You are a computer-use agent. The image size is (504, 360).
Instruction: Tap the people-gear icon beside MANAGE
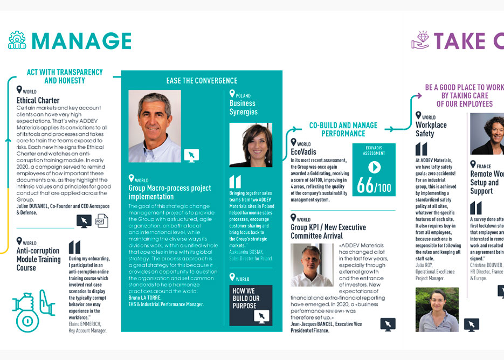click(17, 40)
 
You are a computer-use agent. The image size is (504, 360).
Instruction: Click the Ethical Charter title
click(38, 100)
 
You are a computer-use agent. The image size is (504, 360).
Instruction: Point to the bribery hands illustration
click(32, 309)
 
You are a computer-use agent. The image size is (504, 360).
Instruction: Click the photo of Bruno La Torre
click(155, 126)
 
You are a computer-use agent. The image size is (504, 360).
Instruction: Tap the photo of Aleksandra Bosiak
click(251, 145)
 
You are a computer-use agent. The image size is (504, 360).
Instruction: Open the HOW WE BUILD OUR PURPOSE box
click(251, 305)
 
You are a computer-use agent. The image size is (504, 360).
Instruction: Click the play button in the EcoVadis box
click(374, 167)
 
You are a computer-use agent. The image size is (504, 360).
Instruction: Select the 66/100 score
click(374, 186)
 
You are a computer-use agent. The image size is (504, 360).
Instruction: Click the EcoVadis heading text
click(303, 152)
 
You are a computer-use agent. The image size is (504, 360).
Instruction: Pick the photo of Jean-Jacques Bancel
click(312, 265)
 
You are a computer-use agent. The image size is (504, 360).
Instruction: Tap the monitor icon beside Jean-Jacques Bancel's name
click(388, 324)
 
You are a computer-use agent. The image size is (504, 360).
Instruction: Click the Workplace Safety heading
click(431, 129)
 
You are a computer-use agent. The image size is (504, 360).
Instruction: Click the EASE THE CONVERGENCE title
click(202, 81)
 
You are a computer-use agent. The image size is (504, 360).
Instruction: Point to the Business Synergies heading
click(244, 107)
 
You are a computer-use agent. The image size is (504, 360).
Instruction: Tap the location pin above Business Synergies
click(232, 94)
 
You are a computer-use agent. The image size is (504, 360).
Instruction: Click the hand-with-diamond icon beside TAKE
click(420, 40)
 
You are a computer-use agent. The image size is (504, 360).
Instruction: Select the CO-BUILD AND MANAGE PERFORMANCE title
click(343, 129)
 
